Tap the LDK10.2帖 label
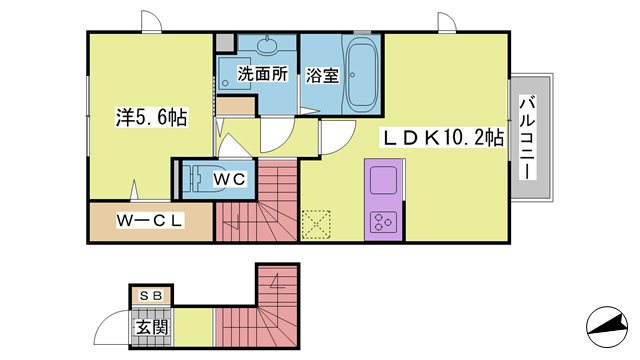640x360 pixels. pyautogui.click(x=441, y=139)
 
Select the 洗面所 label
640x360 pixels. pyautogui.click(x=262, y=74)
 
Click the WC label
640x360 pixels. pyautogui.click(x=230, y=179)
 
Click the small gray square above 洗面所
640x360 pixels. pyautogui.click(x=224, y=43)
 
